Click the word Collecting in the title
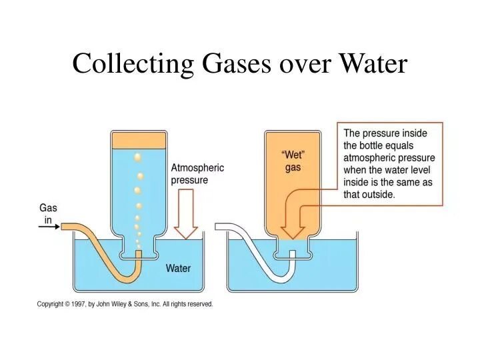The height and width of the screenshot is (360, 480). point(131,64)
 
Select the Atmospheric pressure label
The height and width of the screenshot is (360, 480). point(198,174)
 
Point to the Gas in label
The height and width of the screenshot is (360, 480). point(48,213)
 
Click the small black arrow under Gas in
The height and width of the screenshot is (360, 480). point(49,227)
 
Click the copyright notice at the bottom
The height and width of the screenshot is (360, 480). point(125,304)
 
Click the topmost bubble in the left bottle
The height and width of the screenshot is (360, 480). point(138,157)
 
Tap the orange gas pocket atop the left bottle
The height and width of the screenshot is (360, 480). point(139,140)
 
